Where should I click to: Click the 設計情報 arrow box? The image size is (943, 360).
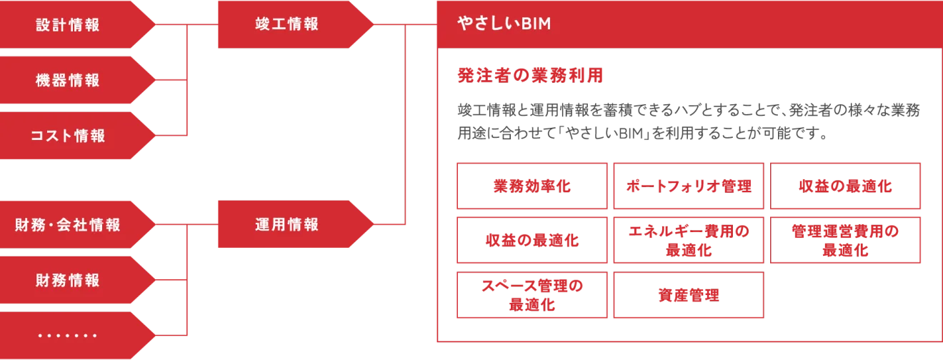(69, 25)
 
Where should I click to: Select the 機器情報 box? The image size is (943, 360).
(69, 80)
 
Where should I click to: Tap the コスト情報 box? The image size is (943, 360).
(69, 136)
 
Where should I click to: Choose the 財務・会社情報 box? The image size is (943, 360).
(69, 225)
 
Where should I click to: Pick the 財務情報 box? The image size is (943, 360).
(69, 280)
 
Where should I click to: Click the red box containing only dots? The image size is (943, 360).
(69, 335)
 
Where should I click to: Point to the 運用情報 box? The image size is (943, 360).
(286, 225)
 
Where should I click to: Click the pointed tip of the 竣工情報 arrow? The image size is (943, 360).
(372, 25)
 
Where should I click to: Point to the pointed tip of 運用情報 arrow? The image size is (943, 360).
(372, 225)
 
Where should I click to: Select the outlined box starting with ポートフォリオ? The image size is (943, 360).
(689, 186)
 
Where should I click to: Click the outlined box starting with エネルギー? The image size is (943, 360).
(689, 240)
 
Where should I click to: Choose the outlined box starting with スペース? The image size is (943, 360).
(532, 295)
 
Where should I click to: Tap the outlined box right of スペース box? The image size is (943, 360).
(689, 295)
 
